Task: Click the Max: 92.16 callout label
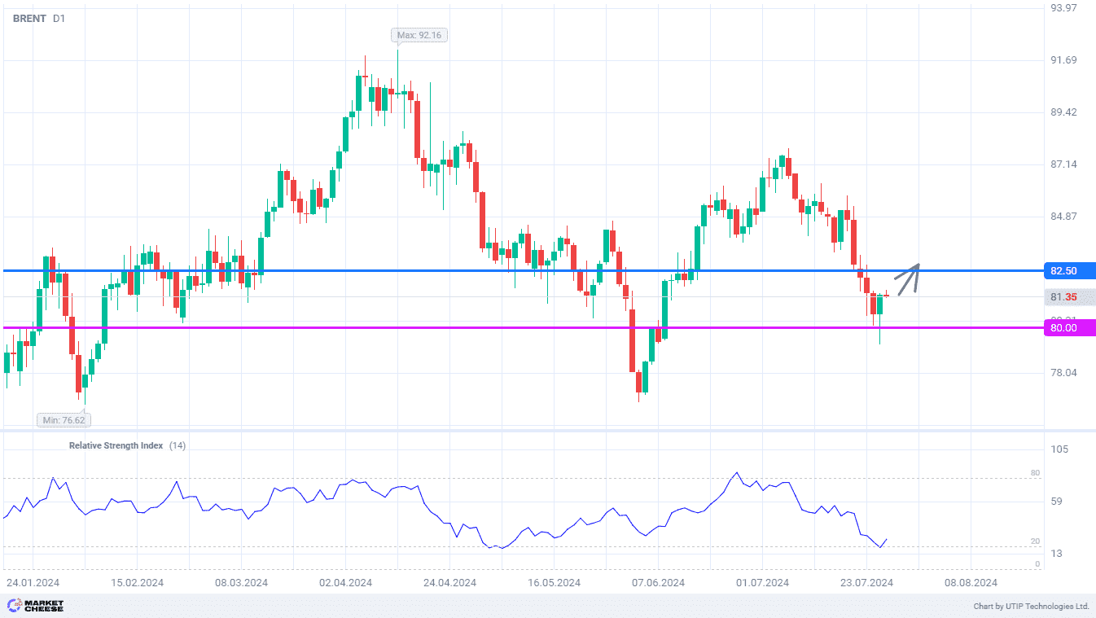point(420,35)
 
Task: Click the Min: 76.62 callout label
point(63,420)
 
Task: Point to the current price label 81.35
point(1064,298)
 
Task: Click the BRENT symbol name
point(29,18)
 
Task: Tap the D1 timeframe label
point(59,18)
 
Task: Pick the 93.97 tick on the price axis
point(1063,7)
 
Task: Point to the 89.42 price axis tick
point(1063,112)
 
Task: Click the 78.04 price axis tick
point(1063,373)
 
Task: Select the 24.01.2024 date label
point(33,582)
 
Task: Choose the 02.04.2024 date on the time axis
point(345,582)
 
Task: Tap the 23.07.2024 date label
point(866,582)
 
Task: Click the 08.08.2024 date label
point(971,582)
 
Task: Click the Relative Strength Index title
point(116,445)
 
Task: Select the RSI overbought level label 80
point(1035,473)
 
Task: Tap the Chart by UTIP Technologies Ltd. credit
point(1031,607)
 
